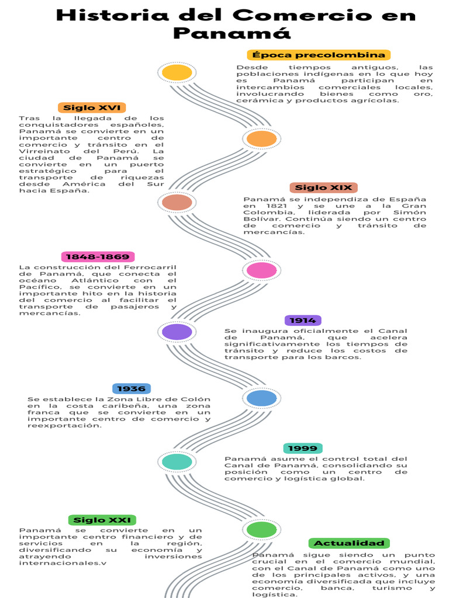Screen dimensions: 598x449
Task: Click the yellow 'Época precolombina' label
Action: tap(319, 55)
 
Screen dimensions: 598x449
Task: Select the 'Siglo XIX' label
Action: tap(323, 187)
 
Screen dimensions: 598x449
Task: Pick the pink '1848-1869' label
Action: tap(98, 257)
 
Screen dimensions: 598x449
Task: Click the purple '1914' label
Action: tap(303, 320)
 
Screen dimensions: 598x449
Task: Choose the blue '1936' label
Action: tap(131, 388)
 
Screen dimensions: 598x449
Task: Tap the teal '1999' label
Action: tap(303, 448)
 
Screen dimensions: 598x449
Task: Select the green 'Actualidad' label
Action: tap(349, 543)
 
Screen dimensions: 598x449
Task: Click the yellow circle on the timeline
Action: tap(177, 72)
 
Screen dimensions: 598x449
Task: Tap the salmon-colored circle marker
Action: tap(177, 203)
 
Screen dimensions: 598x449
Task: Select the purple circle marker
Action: tap(177, 332)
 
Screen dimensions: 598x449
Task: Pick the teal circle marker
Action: tap(177, 462)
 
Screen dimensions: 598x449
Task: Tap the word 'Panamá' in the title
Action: tap(232, 33)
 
